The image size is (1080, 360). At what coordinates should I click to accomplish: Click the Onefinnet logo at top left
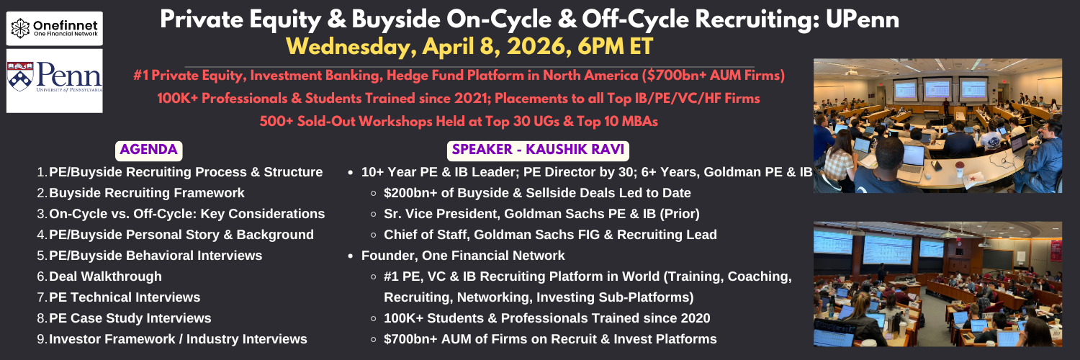tap(55, 28)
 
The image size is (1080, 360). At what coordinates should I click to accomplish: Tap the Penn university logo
tap(55, 81)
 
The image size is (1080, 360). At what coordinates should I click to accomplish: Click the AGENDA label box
tap(148, 150)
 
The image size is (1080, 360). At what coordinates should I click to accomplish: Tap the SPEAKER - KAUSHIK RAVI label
tap(538, 150)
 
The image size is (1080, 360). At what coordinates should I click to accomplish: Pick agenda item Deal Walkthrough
tap(106, 276)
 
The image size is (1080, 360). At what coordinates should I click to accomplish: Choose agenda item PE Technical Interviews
tap(125, 297)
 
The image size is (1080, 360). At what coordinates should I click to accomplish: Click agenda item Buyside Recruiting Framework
tap(147, 193)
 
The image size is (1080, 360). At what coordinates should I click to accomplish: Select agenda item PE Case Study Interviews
tap(130, 318)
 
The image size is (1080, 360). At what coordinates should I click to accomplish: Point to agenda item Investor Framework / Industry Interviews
tap(178, 339)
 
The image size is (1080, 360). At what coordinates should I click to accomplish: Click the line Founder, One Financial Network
tap(463, 256)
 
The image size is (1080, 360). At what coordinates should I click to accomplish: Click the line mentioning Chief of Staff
tap(550, 235)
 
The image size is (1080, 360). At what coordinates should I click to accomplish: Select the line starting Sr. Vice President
tap(541, 214)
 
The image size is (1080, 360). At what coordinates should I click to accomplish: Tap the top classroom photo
tap(937, 126)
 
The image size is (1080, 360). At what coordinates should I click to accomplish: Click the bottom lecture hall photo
tap(937, 284)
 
